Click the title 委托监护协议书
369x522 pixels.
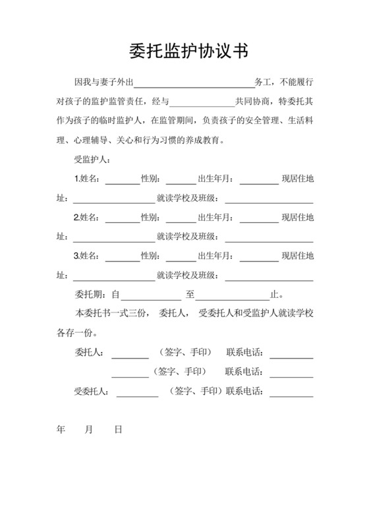[184, 51]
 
